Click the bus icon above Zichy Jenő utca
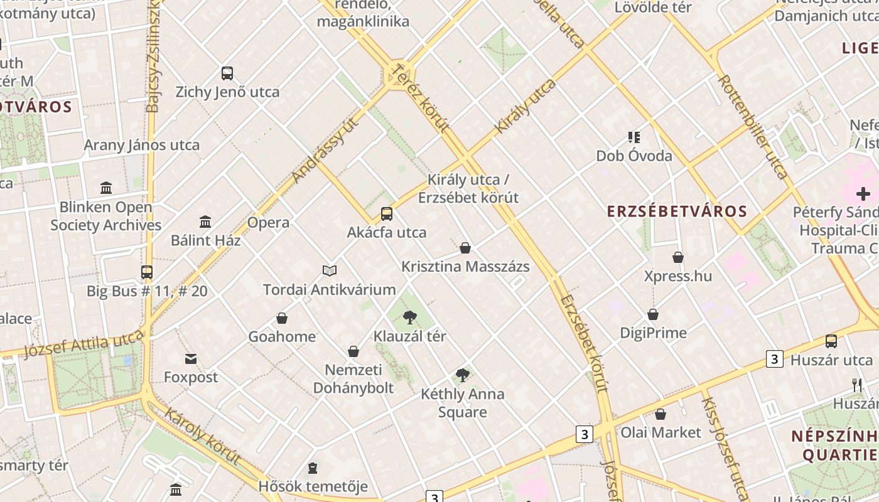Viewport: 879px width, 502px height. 227,73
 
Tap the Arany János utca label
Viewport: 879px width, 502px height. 142,145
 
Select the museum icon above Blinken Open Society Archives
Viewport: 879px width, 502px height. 106,188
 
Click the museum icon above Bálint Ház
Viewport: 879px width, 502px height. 205,222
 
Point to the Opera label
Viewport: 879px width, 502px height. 268,222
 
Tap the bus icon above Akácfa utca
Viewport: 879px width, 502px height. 387,214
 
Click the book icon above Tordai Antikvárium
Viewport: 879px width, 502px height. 330,270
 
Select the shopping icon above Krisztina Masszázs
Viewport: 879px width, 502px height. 465,248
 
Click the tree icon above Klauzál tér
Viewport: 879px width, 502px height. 410,318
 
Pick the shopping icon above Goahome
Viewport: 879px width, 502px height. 282,318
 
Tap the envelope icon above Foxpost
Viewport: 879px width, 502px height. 191,359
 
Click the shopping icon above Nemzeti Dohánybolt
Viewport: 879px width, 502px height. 353,351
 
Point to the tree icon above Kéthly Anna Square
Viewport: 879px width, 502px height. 463,375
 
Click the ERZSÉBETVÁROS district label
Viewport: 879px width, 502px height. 677,211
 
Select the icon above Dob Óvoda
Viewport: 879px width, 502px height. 634,137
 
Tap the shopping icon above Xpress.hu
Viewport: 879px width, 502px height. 678,257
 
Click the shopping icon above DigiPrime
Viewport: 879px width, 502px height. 653,314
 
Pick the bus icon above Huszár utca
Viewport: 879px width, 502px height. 831,341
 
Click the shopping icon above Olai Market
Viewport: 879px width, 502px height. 661,414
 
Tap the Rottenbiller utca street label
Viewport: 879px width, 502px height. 752,127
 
